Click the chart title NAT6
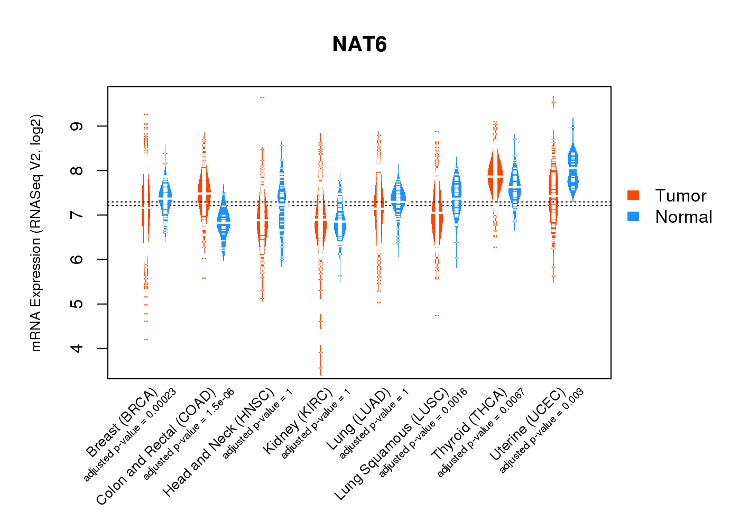(359, 44)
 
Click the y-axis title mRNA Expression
(36, 233)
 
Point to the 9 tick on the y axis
(77, 126)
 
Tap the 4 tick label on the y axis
(77, 348)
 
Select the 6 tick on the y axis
(77, 259)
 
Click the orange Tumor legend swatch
(633, 195)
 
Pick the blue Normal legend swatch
(633, 216)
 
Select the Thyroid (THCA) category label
(469, 424)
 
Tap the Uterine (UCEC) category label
(528, 424)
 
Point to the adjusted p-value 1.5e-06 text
(189, 434)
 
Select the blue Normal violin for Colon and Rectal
(224, 225)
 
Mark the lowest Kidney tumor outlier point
(320, 368)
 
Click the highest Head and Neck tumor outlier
(262, 98)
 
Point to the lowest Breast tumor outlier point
(146, 340)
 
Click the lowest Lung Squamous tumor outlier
(437, 315)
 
